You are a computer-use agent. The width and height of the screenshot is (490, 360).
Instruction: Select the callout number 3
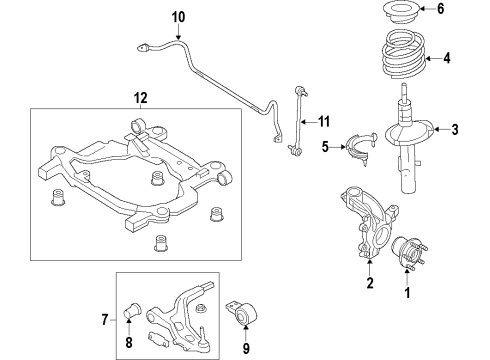click(x=455, y=128)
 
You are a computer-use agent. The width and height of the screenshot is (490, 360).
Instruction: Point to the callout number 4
click(x=447, y=57)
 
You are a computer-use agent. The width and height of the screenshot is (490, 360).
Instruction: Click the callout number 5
click(x=325, y=147)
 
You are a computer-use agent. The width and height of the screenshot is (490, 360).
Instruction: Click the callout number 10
click(x=178, y=17)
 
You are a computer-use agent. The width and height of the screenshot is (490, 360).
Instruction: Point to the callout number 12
click(x=140, y=97)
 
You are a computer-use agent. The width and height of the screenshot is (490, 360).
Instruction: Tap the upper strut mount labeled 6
click(x=399, y=13)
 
